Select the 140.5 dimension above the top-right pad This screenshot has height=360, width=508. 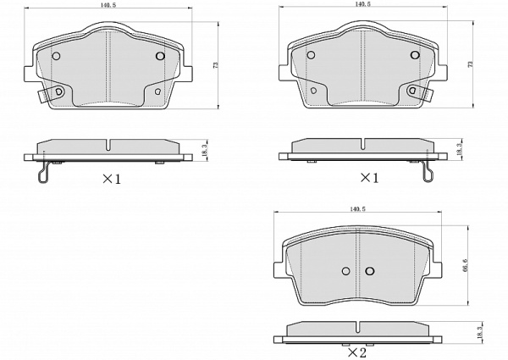tap(363, 4)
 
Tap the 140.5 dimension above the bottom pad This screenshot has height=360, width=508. tap(357, 209)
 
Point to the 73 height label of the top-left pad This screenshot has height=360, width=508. tap(216, 64)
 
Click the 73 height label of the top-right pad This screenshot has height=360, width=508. tap(471, 64)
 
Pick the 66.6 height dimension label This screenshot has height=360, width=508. tap(466, 265)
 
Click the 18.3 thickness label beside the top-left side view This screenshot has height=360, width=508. tap(204, 151)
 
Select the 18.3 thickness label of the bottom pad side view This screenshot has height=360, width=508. tap(480, 332)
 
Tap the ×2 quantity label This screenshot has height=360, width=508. tap(357, 352)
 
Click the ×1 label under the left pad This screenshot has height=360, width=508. tap(112, 179)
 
